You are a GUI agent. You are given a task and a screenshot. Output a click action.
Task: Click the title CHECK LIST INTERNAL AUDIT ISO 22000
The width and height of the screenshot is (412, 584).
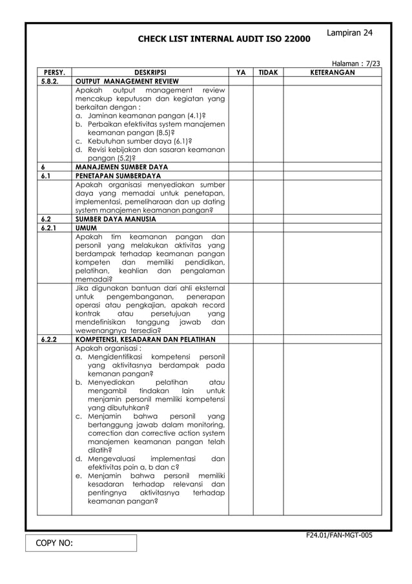click(223, 40)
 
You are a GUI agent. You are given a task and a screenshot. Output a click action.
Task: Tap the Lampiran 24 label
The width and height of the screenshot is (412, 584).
click(349, 32)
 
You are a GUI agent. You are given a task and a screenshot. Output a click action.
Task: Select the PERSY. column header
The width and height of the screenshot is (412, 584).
click(54, 73)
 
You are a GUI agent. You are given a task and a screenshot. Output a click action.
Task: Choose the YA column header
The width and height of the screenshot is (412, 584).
click(240, 73)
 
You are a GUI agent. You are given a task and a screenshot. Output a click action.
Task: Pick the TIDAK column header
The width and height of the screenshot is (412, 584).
click(268, 73)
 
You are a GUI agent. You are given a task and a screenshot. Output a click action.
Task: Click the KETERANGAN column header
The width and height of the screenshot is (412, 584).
click(333, 73)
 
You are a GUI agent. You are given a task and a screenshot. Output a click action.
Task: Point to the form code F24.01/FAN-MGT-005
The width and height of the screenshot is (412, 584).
click(341, 535)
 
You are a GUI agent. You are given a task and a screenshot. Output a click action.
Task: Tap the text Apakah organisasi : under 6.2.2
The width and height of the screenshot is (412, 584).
click(108, 347)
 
